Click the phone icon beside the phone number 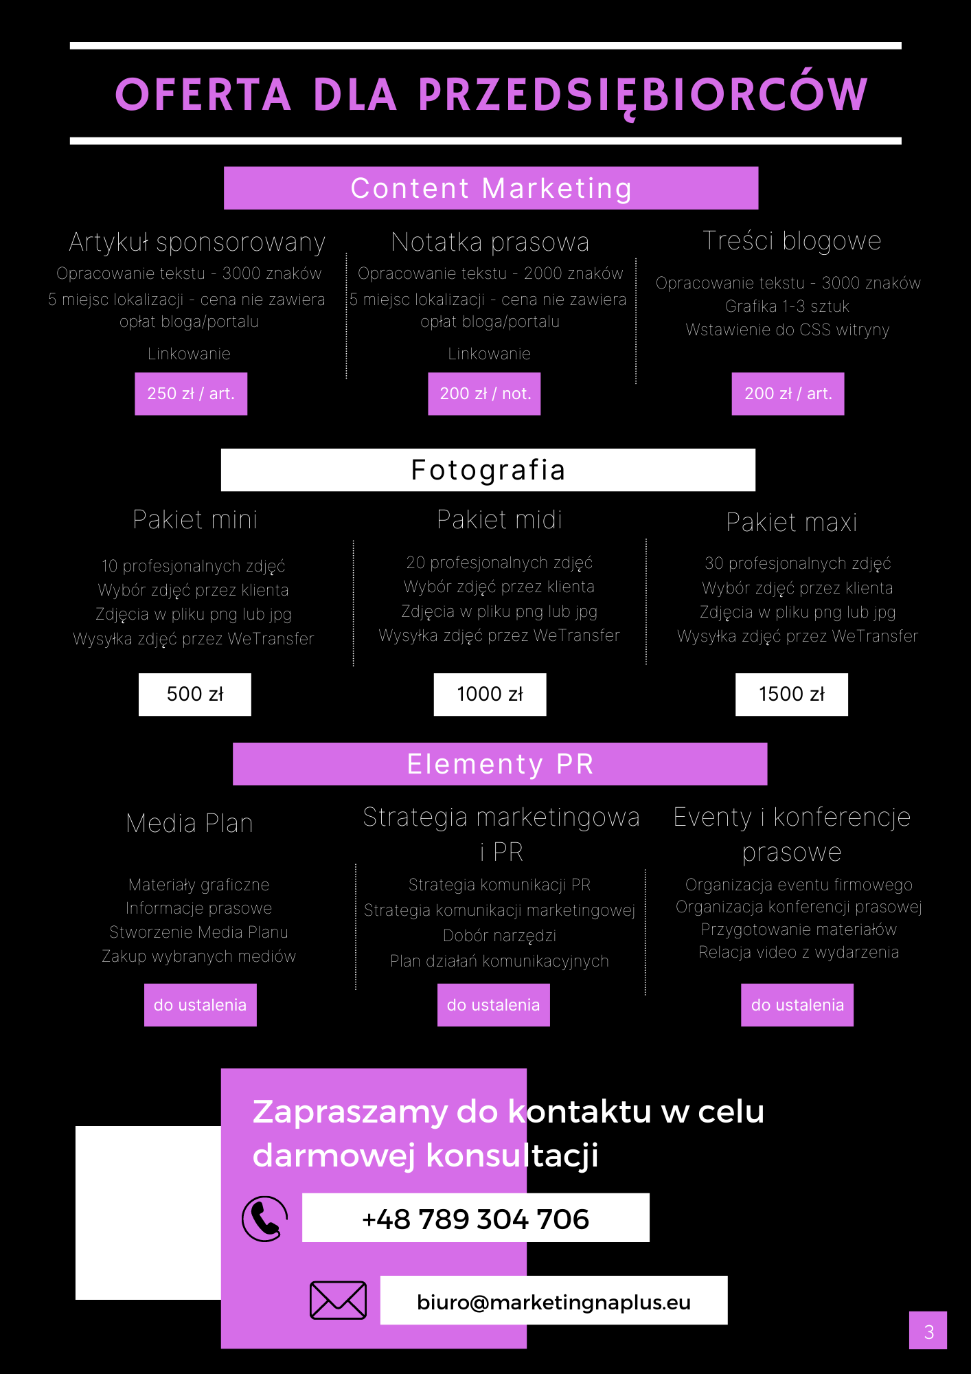point(264,1219)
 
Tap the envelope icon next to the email point(338,1300)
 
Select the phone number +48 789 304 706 point(475,1218)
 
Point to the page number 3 point(928,1331)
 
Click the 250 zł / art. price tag point(191,394)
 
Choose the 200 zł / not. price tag point(485,394)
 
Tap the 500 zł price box point(195,695)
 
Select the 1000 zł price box point(490,695)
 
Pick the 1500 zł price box point(792,695)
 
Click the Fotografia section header point(488,470)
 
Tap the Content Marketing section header point(491,188)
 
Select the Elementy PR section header point(500,764)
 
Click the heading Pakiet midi point(499,520)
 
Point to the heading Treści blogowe point(792,241)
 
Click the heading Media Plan point(190,823)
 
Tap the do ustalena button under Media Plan point(201,1005)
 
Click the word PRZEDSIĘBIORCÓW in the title point(643,95)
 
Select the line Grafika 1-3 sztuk point(788,306)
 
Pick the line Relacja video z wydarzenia point(799,952)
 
